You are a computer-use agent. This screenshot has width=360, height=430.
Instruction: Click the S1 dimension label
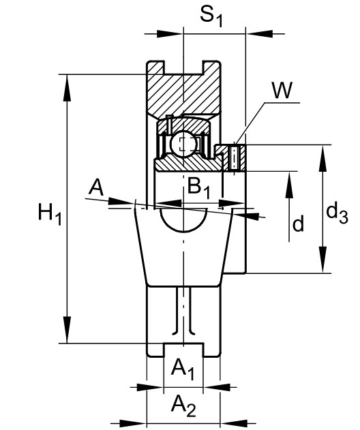(211, 16)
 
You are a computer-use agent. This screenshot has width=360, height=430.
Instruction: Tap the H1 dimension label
(50, 214)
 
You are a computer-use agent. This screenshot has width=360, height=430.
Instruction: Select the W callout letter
(282, 90)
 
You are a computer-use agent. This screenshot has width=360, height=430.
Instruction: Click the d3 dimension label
(337, 214)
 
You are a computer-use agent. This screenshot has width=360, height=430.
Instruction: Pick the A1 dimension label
(183, 369)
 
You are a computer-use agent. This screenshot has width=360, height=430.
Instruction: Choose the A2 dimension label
(183, 406)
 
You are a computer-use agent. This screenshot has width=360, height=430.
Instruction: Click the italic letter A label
(97, 187)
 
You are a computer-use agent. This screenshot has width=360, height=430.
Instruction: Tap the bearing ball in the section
(183, 143)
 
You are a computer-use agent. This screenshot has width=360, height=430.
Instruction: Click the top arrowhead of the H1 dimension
(67, 88)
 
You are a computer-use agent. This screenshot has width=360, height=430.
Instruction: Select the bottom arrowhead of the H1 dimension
(67, 330)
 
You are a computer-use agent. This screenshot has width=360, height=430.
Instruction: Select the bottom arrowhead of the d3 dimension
(323, 260)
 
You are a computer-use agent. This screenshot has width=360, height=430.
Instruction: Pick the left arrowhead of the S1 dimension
(170, 33)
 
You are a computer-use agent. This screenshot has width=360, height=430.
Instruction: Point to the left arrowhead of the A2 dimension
(133, 423)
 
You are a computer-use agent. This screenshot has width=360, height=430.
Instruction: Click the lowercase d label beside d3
(298, 223)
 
